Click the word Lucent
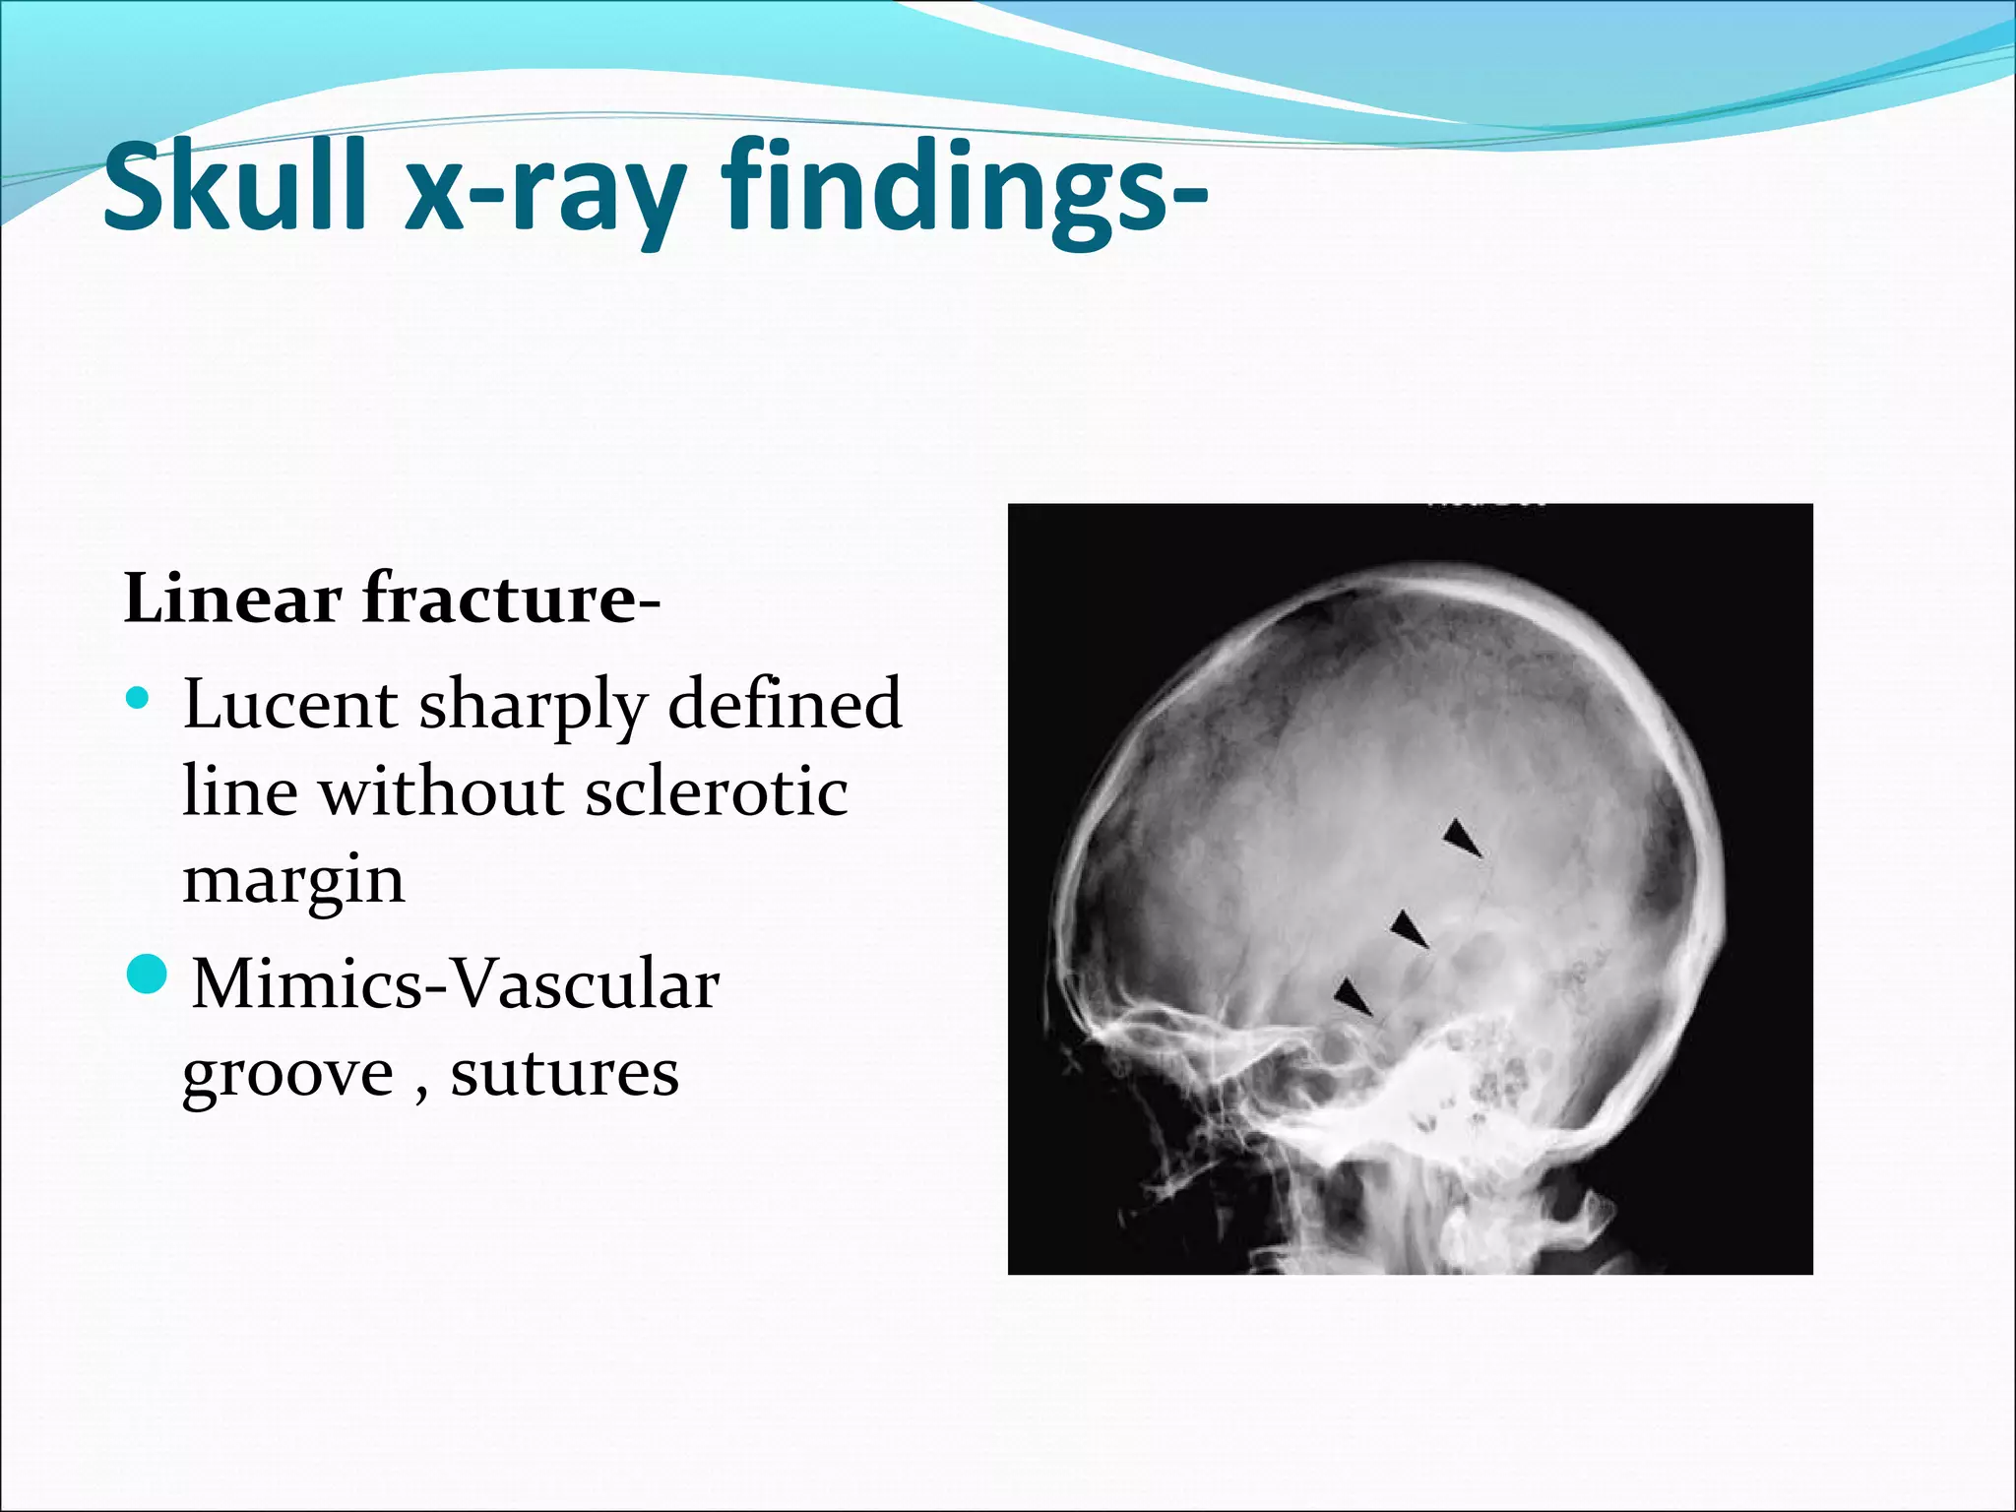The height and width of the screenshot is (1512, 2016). coord(290,705)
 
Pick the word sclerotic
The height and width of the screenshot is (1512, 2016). coord(716,792)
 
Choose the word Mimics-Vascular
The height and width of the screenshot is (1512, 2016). coord(456,983)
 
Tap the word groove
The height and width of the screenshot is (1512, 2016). coord(288,1075)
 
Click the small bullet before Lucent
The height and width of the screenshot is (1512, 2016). coord(138,699)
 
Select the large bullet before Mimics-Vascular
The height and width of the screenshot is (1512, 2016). coord(149,973)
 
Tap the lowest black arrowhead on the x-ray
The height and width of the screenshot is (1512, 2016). coord(1353,996)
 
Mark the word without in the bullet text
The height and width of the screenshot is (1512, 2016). coord(441,792)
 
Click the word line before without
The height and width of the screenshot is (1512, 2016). coord(240,792)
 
